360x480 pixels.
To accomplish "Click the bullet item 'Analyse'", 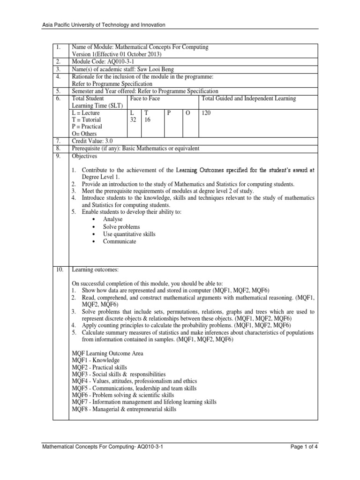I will (112, 219).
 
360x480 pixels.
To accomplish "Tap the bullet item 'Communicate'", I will (120, 241).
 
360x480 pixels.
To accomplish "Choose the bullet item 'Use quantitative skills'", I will (129, 234).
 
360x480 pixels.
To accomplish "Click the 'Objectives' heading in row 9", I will (84, 156).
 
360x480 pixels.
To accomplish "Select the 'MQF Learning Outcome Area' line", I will (107, 353).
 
